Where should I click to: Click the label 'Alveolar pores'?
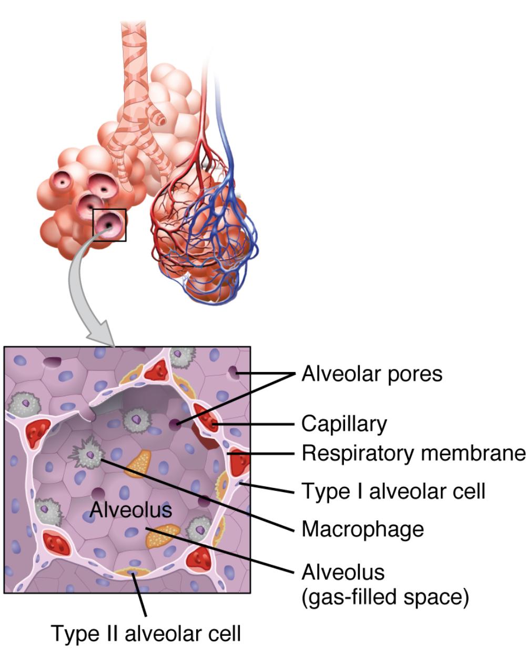tap(371, 374)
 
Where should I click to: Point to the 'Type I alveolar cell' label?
tap(393, 491)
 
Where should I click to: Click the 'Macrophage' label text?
tap(362, 528)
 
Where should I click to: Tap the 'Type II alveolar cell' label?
tap(146, 633)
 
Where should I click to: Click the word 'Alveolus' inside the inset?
tap(131, 509)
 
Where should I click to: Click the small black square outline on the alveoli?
tap(109, 225)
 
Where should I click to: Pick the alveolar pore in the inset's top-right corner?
tap(233, 373)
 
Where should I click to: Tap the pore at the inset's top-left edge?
tap(51, 362)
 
